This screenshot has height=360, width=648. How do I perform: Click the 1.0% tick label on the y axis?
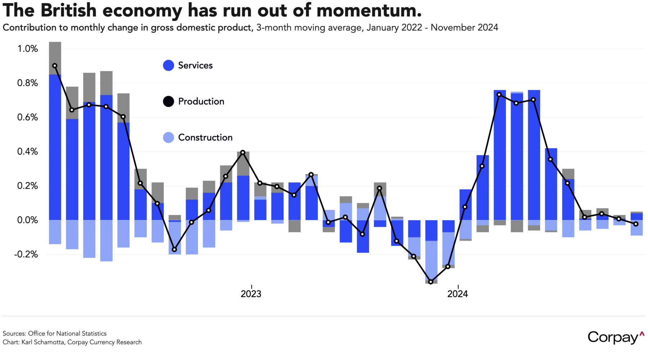[x=28, y=49]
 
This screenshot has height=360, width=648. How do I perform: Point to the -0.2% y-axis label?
[x=26, y=255]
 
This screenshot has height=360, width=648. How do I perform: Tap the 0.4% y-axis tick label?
[x=28, y=152]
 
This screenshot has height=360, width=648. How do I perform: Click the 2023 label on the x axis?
[x=251, y=294]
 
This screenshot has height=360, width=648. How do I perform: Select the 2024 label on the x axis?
[x=457, y=294]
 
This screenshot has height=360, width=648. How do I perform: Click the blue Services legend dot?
[x=168, y=66]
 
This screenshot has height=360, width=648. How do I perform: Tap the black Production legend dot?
[x=168, y=102]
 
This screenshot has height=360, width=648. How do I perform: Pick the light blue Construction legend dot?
[x=168, y=138]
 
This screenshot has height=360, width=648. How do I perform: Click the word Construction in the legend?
[x=205, y=138]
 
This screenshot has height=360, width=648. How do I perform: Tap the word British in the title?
[x=68, y=11]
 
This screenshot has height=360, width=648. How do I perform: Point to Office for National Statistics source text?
[x=67, y=334]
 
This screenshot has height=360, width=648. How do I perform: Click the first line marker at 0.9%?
[x=55, y=66]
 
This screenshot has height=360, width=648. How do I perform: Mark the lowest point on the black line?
[x=431, y=282]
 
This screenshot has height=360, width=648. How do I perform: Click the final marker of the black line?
[x=636, y=224]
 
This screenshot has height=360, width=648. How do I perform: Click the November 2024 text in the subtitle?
[x=464, y=28]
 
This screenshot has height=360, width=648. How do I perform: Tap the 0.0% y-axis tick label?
[x=28, y=220]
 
